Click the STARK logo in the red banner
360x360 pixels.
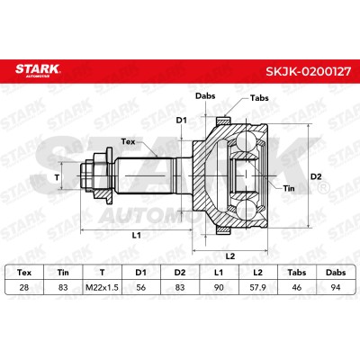point(38,70)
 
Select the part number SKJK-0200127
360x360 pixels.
point(308,71)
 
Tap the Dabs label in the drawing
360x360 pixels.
point(205,96)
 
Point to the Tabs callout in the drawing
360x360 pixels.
point(259,98)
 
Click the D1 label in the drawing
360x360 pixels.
point(181,121)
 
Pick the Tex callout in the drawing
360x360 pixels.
point(128,141)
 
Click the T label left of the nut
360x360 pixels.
point(57,177)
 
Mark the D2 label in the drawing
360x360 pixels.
point(316,176)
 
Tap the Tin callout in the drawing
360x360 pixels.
point(289,188)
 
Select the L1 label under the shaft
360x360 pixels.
point(137,235)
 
